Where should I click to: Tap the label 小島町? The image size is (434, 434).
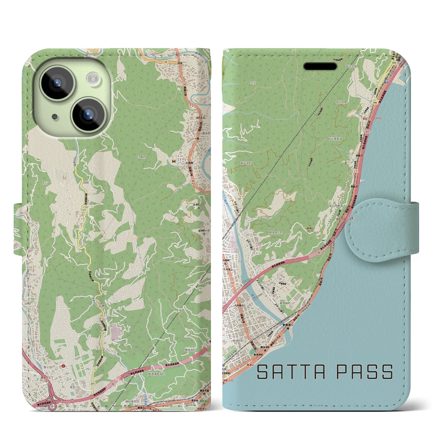click(x=142, y=157)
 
